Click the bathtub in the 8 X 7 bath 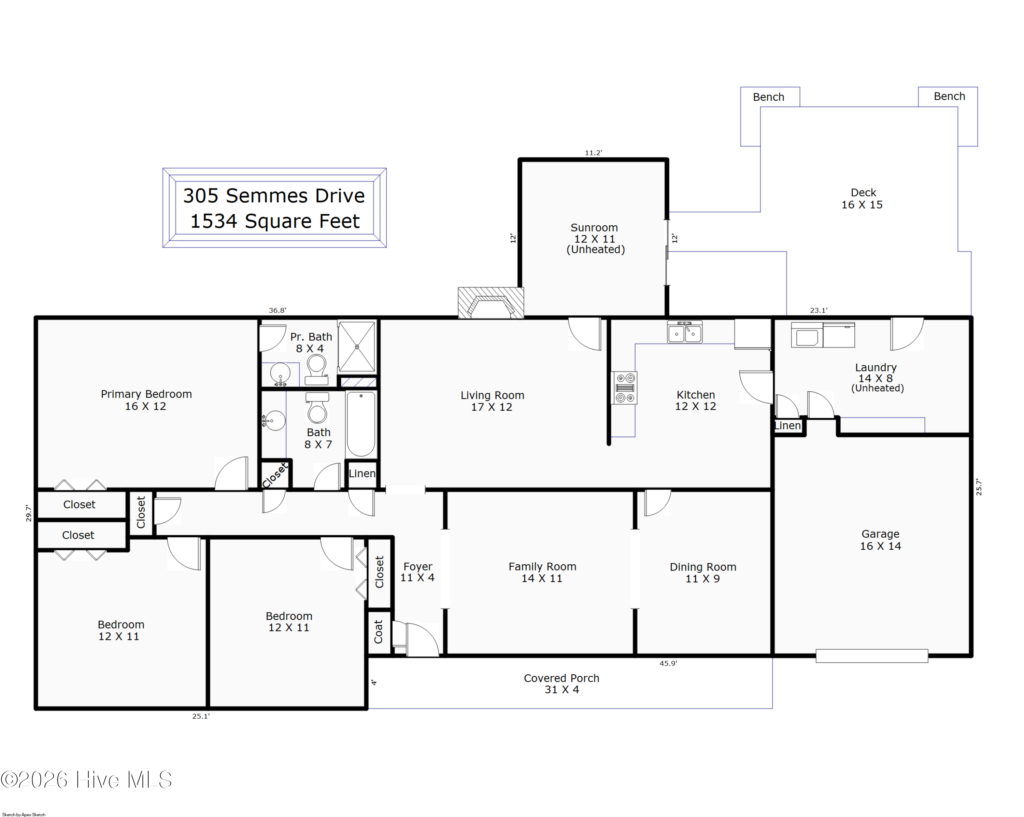pyautogui.click(x=361, y=424)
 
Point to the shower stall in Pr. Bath pyautogui.click(x=357, y=347)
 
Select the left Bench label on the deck pyautogui.click(x=768, y=97)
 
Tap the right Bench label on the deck pyautogui.click(x=949, y=96)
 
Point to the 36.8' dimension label pyautogui.click(x=278, y=311)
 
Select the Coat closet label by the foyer pyautogui.click(x=379, y=631)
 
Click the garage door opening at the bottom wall pyautogui.click(x=871, y=656)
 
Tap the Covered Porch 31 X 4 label pyautogui.click(x=561, y=684)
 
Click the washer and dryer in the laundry pyautogui.click(x=823, y=335)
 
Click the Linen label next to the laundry pyautogui.click(x=787, y=426)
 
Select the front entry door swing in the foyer pyautogui.click(x=420, y=640)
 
